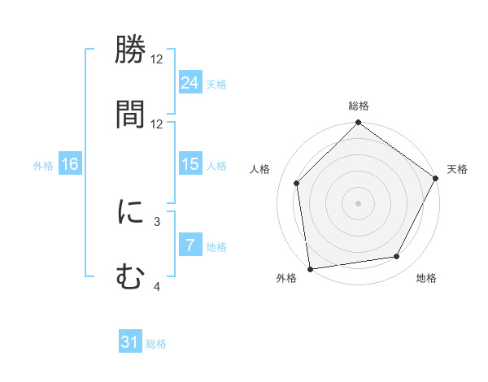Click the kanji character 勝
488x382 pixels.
click(130, 53)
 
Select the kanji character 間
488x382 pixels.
click(130, 114)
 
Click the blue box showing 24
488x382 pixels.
click(190, 82)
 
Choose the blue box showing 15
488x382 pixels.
click(190, 164)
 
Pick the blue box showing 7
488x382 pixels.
click(190, 245)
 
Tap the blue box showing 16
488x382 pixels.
click(70, 164)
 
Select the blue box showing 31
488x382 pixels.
click(130, 342)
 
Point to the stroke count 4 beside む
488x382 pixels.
click(157, 286)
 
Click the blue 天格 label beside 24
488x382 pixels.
click(216, 84)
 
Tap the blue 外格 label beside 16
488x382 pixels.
click(43, 165)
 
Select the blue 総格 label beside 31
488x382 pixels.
click(156, 344)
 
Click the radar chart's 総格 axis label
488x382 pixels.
click(358, 106)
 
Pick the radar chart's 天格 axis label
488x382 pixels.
click(457, 169)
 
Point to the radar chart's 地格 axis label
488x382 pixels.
click(426, 278)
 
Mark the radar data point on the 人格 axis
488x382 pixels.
click(297, 183)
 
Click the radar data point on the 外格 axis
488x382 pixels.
click(310, 268)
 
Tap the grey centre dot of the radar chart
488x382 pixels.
click(358, 202)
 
